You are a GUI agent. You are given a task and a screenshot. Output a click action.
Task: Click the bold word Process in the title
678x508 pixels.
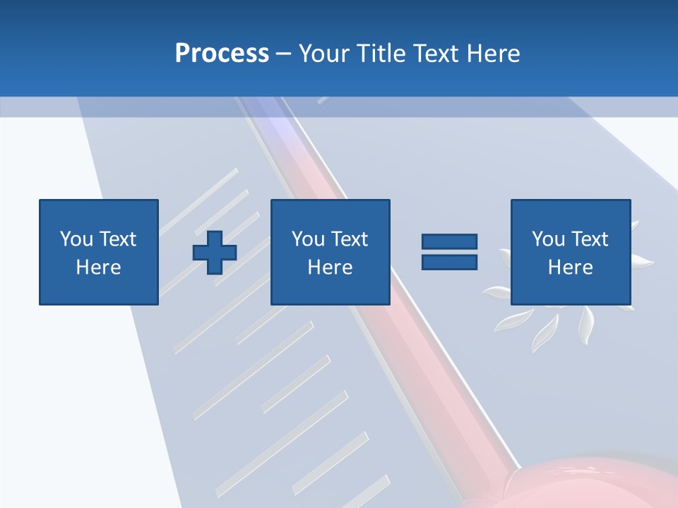coord(222,54)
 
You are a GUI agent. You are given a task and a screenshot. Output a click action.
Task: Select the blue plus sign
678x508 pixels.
coord(215,253)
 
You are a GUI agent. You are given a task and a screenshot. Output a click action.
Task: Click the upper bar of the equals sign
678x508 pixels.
coord(449,242)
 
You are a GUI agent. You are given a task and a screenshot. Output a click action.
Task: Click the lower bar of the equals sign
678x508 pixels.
coord(449,262)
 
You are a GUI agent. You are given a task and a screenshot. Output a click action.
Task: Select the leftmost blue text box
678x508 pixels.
coord(99,253)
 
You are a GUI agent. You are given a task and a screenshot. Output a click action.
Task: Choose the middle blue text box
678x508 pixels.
coord(330,253)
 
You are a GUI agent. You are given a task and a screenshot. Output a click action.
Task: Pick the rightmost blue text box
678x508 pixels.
coord(570,253)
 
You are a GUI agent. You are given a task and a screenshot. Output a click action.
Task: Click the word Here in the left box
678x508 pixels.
coord(98,267)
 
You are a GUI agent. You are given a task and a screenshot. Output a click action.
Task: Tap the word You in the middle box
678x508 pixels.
coord(308,239)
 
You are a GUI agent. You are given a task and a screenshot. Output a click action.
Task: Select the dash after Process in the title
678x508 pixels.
coord(284,54)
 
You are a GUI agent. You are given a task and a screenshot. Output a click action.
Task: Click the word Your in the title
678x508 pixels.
coord(325,54)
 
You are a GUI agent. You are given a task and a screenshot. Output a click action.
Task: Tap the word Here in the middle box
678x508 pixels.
coord(330,267)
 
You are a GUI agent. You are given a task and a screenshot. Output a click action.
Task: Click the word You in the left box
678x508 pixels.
coord(76,239)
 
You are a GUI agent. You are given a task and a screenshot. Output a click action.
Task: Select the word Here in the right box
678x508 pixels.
coord(570,267)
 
